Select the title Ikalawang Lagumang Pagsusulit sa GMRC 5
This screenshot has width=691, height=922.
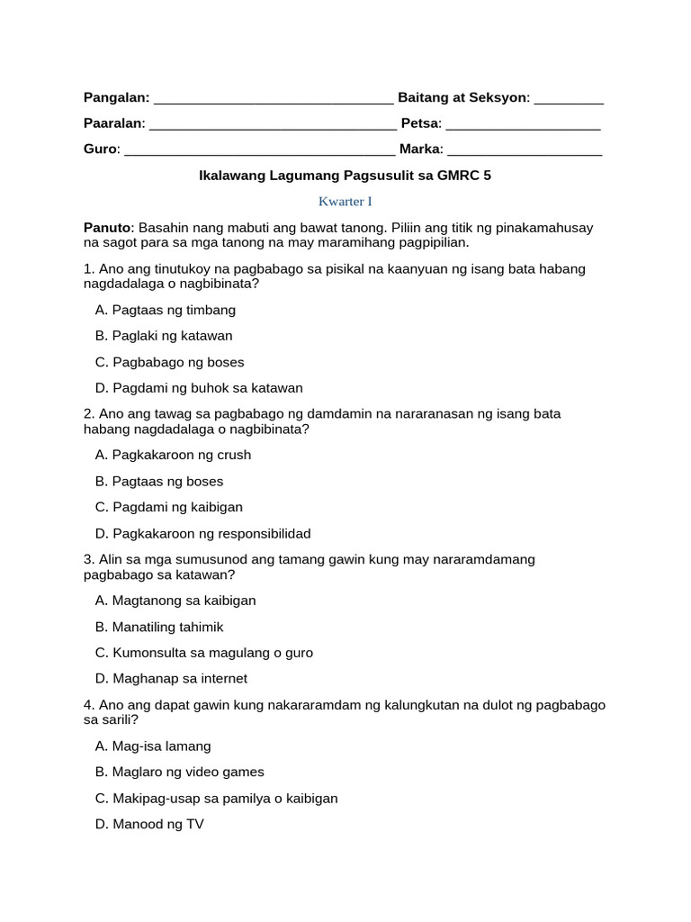click(345, 176)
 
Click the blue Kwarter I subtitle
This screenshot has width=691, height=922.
click(345, 203)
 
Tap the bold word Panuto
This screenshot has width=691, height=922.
click(107, 229)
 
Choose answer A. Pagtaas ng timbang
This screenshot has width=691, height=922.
click(165, 310)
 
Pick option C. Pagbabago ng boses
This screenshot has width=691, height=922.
click(169, 362)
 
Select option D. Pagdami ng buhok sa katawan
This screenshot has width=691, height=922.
click(198, 388)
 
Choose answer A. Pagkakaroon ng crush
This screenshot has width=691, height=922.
click(173, 455)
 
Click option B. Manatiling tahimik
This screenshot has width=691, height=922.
click(158, 627)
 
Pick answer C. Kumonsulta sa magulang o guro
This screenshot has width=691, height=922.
click(203, 653)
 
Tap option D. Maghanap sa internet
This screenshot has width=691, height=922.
click(170, 679)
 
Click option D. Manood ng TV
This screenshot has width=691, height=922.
click(148, 824)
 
